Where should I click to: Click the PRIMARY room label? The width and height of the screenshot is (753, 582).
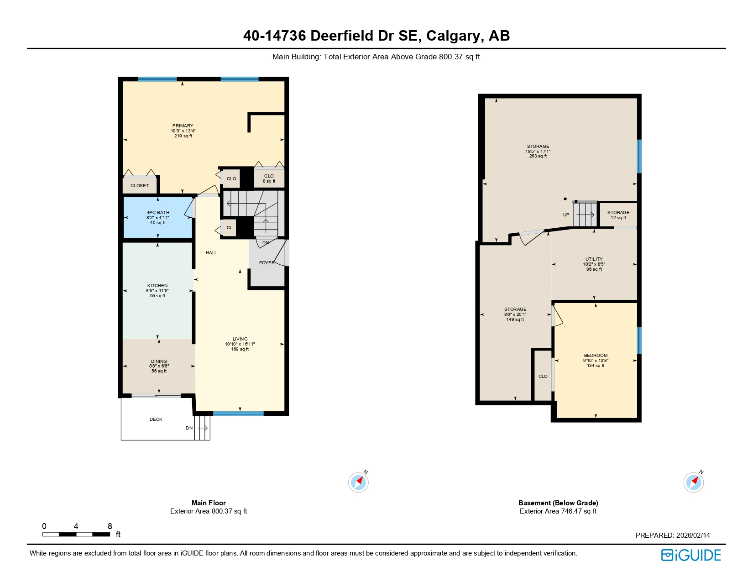coord(183,126)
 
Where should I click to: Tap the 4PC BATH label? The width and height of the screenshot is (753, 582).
coord(158,213)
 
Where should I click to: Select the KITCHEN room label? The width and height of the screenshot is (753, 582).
coord(157,286)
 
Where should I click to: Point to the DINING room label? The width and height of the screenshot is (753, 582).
coord(159,362)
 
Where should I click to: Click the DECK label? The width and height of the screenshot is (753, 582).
coord(156,419)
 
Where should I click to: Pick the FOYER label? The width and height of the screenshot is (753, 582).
coord(267,263)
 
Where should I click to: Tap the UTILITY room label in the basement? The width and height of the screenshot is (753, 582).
coord(594,259)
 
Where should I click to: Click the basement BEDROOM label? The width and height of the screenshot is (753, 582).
coord(596,356)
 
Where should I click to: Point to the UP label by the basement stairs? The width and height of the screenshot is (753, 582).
coord(566,215)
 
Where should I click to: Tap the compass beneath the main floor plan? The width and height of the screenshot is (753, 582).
coord(358,482)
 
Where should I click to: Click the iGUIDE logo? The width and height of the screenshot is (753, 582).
coord(690,555)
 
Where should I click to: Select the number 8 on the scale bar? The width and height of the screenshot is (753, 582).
coord(110,526)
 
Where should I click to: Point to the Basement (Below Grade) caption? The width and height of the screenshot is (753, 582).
coord(558,503)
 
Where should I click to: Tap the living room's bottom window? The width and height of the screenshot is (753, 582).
coord(238,414)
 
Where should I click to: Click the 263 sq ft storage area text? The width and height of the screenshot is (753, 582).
coord(538,156)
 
